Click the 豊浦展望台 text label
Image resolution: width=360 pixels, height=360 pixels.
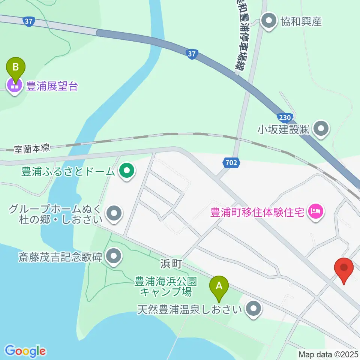click(52, 87)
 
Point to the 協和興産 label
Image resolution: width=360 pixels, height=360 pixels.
click(301, 22)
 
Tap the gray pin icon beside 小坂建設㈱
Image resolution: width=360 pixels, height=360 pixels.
click(321, 130)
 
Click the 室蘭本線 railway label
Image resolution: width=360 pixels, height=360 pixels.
click(31, 148)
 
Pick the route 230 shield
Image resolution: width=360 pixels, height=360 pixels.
click(285, 117)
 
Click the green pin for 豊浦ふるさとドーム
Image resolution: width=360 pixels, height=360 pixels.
click(127, 171)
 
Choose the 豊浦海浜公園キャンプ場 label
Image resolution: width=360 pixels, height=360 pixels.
click(166, 286)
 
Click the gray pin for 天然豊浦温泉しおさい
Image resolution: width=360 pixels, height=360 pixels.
click(254, 309)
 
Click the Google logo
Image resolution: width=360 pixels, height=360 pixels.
click(25, 351)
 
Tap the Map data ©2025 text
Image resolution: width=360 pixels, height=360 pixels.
click(328, 354)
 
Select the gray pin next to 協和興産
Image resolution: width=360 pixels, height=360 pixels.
click(269, 21)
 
